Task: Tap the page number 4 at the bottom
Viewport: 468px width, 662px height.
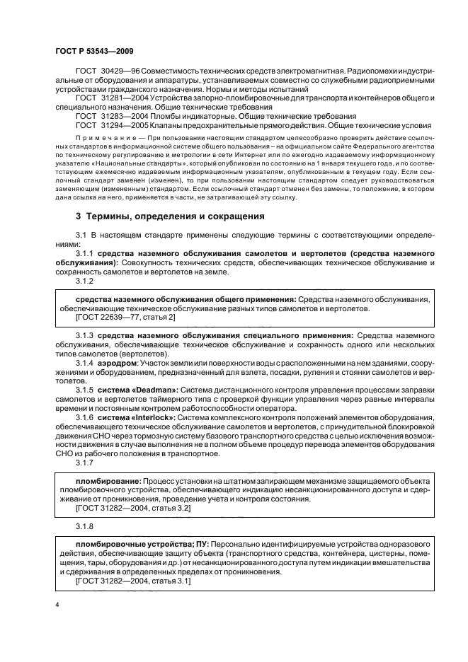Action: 57,605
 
